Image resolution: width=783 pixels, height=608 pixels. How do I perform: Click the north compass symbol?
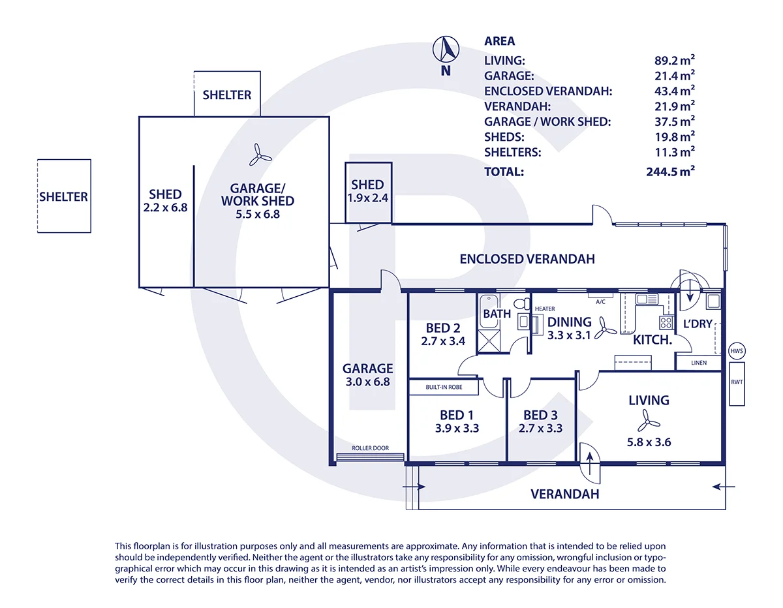446,50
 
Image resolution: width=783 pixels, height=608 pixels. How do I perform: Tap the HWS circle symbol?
737,351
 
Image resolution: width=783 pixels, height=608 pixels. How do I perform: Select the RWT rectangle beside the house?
737,384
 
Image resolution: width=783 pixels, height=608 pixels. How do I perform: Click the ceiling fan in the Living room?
648,421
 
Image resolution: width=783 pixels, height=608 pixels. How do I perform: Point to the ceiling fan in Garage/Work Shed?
260,155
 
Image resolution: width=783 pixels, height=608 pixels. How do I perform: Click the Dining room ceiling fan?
605,329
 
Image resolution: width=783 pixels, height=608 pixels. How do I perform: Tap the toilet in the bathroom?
522,303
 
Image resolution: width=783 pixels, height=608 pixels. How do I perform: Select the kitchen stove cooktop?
666,322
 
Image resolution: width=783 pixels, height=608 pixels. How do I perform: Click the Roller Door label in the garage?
370,448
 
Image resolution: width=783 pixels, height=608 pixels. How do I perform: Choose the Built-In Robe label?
444,388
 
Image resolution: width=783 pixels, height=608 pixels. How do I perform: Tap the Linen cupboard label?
699,363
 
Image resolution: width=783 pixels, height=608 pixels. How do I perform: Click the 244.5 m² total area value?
670,172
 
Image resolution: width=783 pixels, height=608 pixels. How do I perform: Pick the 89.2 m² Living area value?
675,60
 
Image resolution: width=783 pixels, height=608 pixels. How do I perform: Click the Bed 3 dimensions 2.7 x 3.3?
540,428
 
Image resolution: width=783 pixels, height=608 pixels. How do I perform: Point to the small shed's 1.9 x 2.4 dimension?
368,198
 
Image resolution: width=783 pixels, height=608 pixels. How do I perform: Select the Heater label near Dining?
545,309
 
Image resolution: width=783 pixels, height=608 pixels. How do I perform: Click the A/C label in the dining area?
600,302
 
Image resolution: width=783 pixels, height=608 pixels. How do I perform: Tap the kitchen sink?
647,299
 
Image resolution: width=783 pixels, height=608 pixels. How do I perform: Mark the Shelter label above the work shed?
227,95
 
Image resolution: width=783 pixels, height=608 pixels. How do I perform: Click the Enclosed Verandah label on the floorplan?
527,259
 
